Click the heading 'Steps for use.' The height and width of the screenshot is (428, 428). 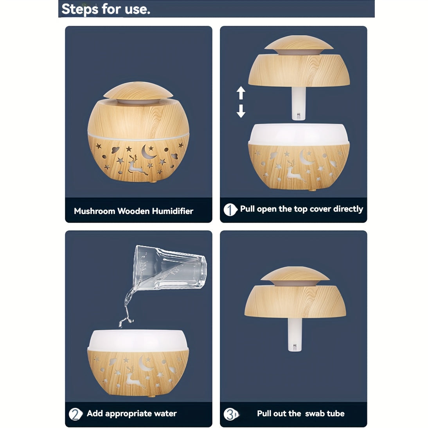click(x=106, y=9)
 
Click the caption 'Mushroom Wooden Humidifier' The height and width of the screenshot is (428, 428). click(x=133, y=211)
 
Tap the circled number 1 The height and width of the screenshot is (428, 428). click(x=230, y=210)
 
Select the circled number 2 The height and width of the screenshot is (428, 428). click(x=75, y=414)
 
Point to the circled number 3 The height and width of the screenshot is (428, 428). click(x=231, y=414)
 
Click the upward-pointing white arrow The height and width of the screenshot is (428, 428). click(x=241, y=93)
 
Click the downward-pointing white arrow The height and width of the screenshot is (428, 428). click(x=241, y=111)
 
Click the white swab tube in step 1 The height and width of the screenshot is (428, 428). click(x=299, y=103)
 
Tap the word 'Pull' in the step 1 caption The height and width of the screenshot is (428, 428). click(x=247, y=209)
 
